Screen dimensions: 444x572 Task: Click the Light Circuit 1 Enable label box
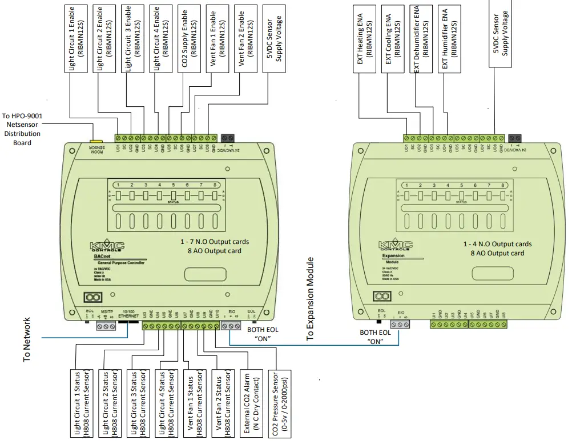(x=78, y=37)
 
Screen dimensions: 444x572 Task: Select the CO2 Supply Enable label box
(x=190, y=37)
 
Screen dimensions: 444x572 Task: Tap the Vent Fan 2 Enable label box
(x=247, y=37)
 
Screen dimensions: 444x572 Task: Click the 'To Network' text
(x=27, y=340)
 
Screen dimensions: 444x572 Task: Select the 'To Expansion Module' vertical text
(x=311, y=299)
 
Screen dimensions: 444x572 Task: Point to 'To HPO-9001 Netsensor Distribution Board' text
(x=22, y=129)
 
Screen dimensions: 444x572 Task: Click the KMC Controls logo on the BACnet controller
(x=107, y=246)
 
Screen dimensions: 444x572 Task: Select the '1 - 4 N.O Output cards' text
(x=497, y=244)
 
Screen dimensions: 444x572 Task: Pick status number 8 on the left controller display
(x=215, y=185)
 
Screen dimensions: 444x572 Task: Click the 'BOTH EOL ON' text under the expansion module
(x=375, y=337)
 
